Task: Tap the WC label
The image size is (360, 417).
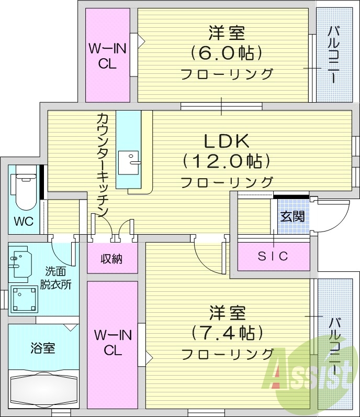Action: click(x=24, y=221)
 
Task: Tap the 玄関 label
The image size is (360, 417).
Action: click(x=292, y=216)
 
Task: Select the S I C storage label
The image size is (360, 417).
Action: click(x=273, y=256)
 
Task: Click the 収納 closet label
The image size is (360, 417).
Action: click(x=111, y=259)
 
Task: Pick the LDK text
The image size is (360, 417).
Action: click(x=226, y=141)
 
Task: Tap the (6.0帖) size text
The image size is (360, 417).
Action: click(x=226, y=53)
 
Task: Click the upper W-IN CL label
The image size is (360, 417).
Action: click(x=107, y=57)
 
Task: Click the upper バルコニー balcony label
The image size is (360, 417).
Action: click(x=333, y=54)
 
